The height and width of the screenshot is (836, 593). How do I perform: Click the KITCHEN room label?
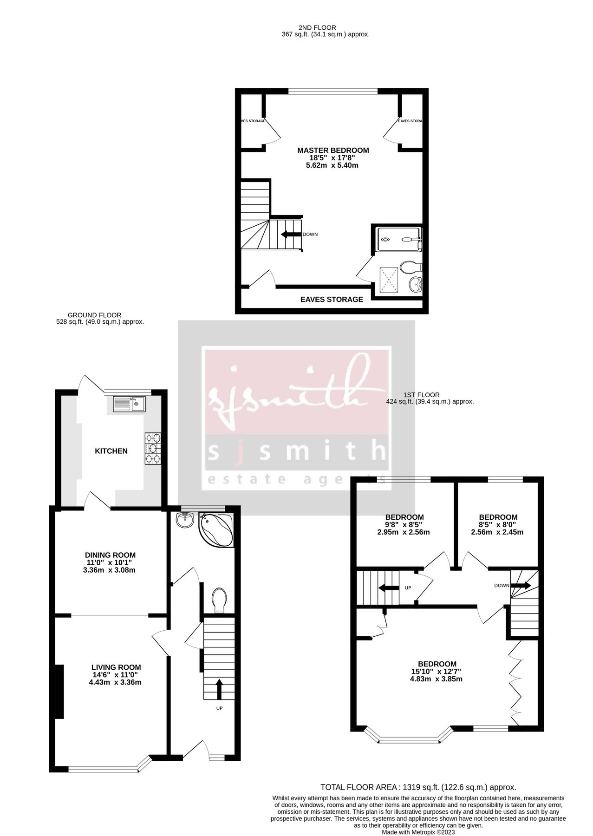point(111,451)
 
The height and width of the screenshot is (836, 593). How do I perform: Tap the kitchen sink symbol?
point(129,404)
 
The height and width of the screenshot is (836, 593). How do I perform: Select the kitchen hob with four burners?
point(154,448)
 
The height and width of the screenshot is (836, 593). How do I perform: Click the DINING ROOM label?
point(110,555)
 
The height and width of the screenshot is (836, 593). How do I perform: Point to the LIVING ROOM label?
point(116,667)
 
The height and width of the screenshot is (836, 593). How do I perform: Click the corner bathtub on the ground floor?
point(216,530)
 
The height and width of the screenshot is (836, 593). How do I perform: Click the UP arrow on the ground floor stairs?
point(218,689)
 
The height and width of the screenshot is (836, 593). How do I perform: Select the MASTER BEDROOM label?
point(333,150)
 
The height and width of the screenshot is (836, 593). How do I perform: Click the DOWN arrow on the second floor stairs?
point(291,234)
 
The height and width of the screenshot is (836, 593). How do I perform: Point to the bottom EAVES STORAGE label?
point(332,300)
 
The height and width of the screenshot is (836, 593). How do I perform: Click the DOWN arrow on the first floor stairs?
point(521,586)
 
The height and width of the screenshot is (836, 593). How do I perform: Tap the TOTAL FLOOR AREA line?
point(418,787)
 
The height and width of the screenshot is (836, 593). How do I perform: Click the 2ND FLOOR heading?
point(317,28)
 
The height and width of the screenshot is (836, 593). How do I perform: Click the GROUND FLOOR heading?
point(94,315)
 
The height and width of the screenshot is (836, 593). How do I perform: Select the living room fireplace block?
point(59,692)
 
